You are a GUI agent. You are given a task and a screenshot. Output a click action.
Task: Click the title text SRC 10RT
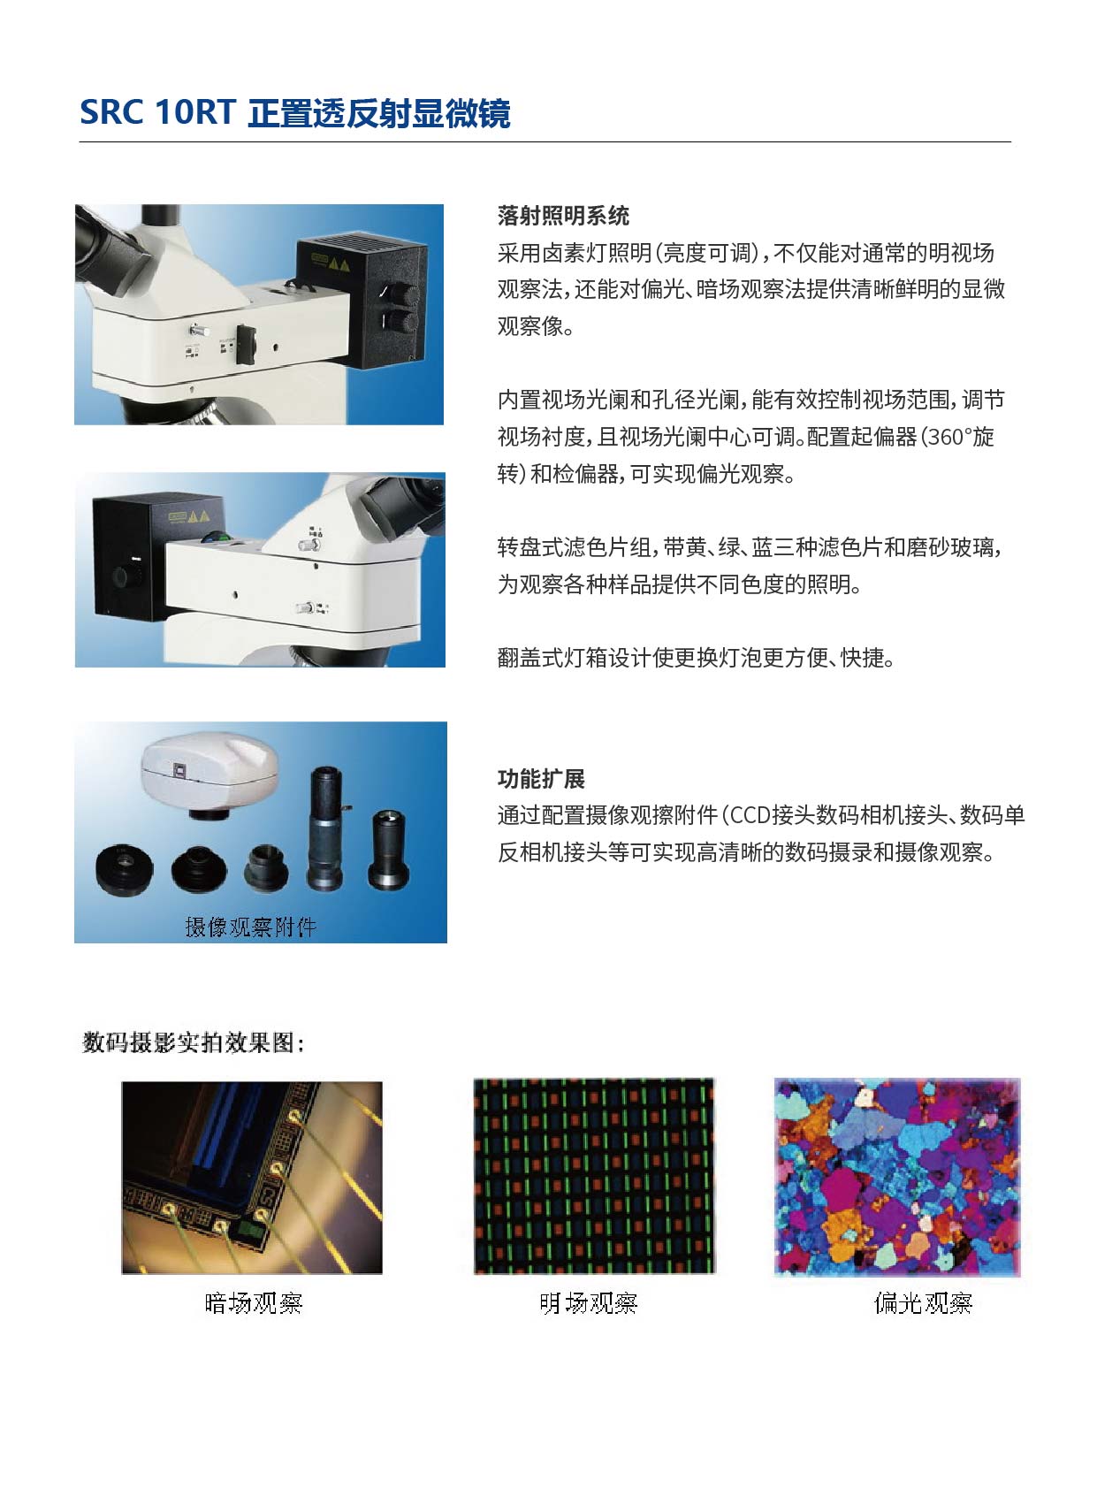pyautogui.click(x=157, y=112)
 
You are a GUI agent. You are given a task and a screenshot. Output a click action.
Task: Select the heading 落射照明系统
pyautogui.click(x=563, y=216)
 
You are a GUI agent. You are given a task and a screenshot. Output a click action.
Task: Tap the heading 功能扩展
pyautogui.click(x=541, y=779)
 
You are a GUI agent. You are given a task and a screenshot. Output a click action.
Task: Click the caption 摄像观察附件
pyautogui.click(x=251, y=927)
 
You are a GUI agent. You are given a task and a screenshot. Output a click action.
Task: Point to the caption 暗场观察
pyautogui.click(x=254, y=1302)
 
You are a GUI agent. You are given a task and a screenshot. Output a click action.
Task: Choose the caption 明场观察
pyautogui.click(x=589, y=1302)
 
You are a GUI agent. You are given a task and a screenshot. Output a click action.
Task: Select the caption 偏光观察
pyautogui.click(x=923, y=1302)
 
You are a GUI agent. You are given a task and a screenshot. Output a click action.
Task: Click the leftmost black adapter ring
pyautogui.click(x=124, y=869)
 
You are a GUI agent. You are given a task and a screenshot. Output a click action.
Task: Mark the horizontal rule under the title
pyautogui.click(x=545, y=142)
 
